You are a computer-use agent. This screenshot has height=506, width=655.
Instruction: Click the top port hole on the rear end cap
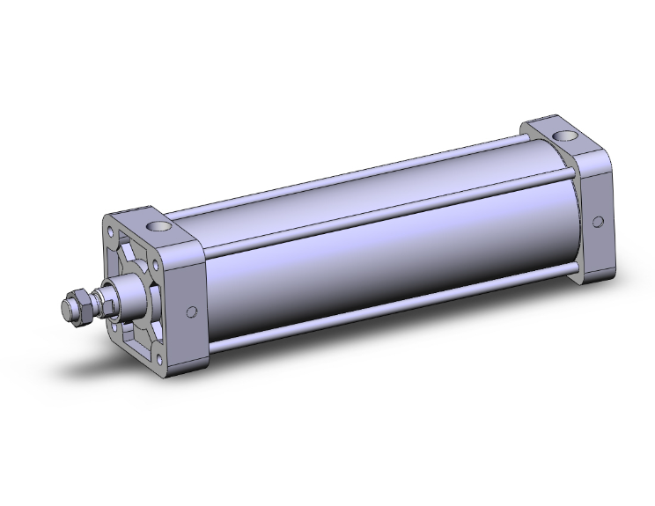(x=563, y=136)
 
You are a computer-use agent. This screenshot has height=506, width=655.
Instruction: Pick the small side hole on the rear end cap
(x=599, y=221)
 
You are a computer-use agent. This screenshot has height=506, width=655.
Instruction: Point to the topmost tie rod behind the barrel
(x=352, y=172)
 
